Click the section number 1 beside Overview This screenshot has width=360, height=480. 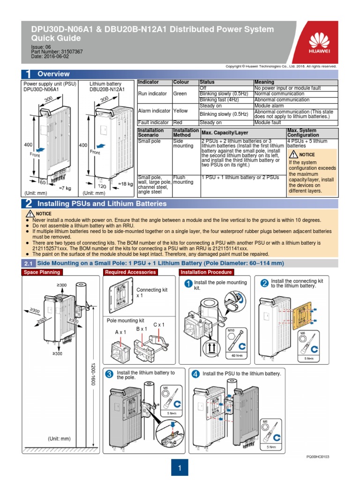[28, 74]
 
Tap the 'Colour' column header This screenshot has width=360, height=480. [181, 82]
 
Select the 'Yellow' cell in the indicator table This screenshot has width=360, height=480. [180, 111]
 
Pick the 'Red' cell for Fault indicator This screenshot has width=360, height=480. [179, 122]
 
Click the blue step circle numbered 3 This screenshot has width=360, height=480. [109, 374]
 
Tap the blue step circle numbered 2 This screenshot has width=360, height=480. [264, 283]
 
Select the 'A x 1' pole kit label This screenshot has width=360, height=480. [121, 332]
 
